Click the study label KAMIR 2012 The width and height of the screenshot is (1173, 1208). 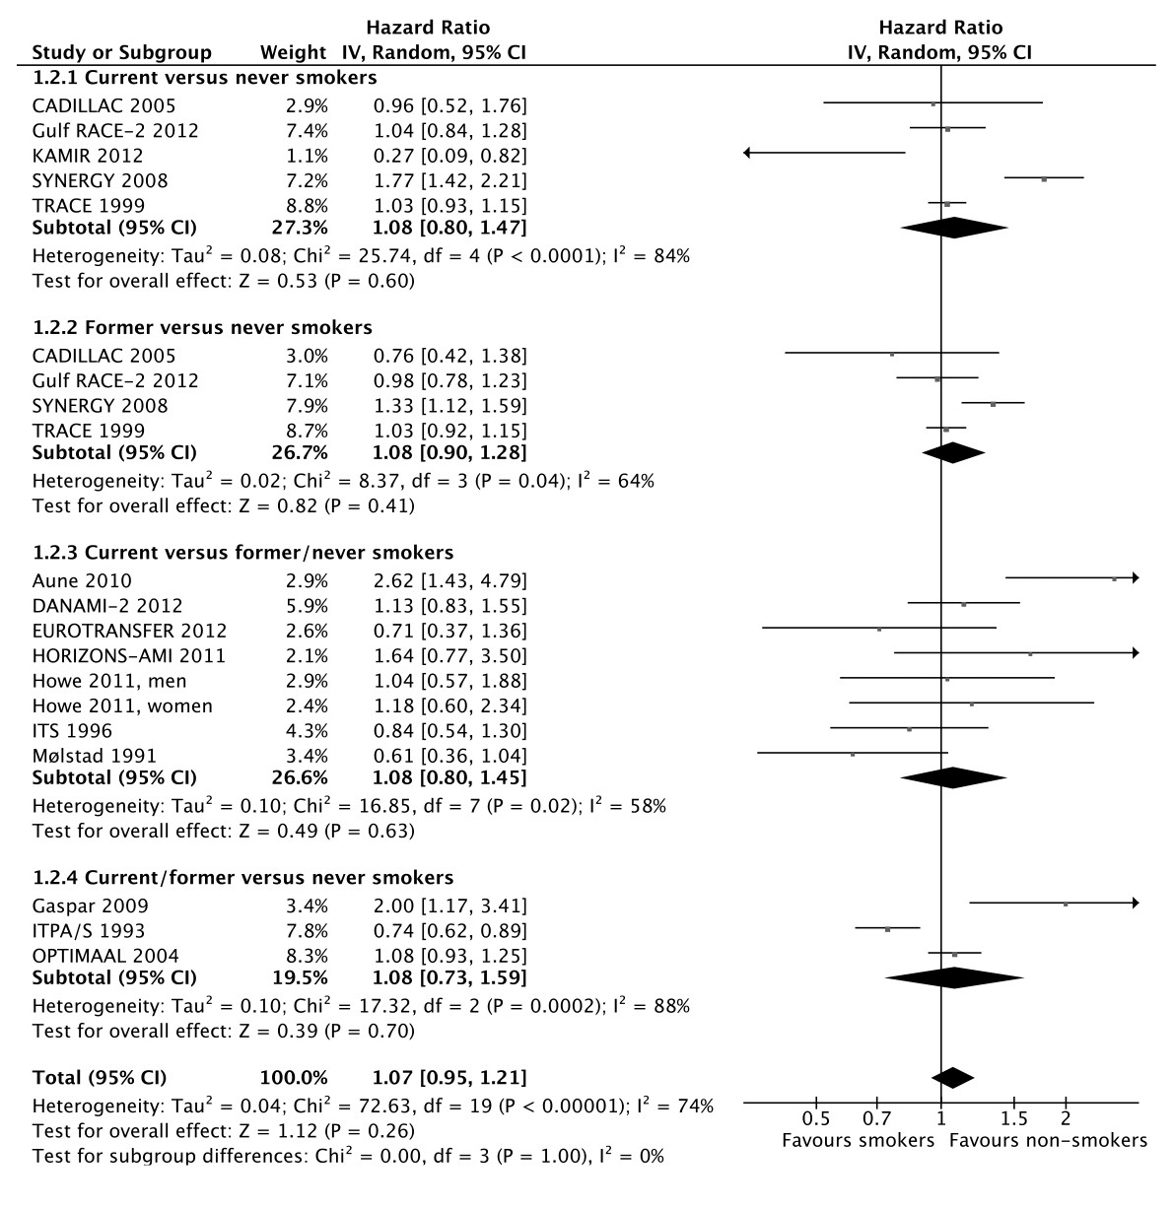click(88, 156)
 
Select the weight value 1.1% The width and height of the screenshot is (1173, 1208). click(309, 156)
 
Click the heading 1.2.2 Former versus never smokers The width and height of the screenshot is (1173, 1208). click(203, 327)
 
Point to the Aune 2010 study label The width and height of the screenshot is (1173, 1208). click(82, 580)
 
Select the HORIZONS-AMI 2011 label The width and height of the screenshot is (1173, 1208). click(129, 655)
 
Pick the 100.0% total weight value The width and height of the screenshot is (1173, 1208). click(295, 1077)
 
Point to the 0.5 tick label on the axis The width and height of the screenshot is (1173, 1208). click(816, 1119)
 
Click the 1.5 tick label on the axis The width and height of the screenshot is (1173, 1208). click(1013, 1119)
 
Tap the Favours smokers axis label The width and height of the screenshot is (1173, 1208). click(858, 1141)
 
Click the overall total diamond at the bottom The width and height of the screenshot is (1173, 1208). click(952, 1077)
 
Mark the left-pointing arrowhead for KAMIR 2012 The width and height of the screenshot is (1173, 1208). click(748, 153)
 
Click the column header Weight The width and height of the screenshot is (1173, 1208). click(293, 52)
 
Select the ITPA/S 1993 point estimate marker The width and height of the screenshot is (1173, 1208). click(888, 929)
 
